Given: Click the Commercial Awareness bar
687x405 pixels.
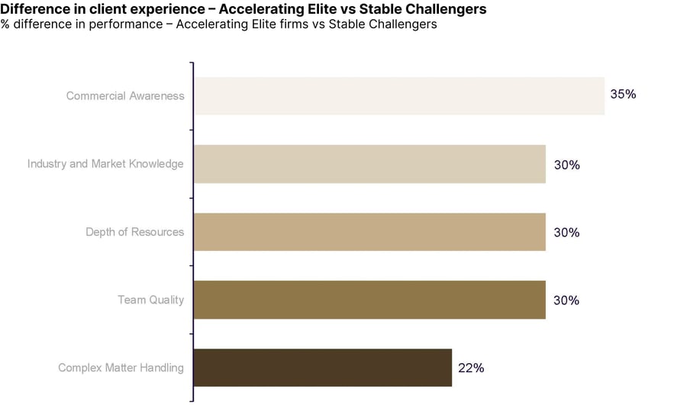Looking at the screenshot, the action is tap(399, 96).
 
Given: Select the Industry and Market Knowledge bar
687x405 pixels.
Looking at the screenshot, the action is tap(369, 164).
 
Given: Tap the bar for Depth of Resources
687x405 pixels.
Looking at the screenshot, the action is tap(369, 232).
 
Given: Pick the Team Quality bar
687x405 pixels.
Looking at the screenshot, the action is tap(369, 300).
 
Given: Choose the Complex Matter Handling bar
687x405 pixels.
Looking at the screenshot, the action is tap(323, 368).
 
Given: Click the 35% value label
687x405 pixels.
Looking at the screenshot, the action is tap(623, 94).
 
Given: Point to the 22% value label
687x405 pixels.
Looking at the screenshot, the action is tap(471, 368).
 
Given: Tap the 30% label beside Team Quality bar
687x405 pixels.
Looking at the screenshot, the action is tap(566, 301).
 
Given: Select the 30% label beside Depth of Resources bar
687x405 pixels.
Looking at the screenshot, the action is tap(566, 233).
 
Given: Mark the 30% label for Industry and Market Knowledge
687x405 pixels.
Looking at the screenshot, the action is tap(567, 165).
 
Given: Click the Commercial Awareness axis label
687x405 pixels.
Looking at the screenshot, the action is tap(125, 96).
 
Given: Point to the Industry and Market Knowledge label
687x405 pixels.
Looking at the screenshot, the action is tap(105, 164).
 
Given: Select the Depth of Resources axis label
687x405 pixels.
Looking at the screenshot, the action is tap(135, 232).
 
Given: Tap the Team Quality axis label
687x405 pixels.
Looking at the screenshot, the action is tap(150, 300).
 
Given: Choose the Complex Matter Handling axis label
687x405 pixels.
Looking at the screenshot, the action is tap(121, 368).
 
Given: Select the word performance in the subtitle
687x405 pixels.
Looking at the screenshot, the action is tap(126, 24).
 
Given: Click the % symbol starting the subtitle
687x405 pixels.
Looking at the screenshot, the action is tap(5, 24).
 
